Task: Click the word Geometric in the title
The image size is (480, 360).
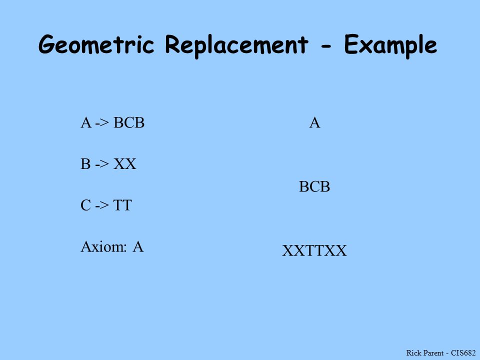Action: tap(96, 44)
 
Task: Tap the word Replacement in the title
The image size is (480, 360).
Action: tap(236, 45)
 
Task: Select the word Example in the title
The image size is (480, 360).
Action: tap(390, 45)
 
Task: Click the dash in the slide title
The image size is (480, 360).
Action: tap(326, 46)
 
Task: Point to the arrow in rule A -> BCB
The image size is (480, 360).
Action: tap(102, 123)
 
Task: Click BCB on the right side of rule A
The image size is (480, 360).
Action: tap(129, 123)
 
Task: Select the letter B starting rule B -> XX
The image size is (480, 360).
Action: tap(85, 164)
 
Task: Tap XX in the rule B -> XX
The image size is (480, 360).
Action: tap(125, 164)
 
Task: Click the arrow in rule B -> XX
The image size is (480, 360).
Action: tap(102, 164)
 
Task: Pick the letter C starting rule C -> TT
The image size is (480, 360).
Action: tap(85, 205)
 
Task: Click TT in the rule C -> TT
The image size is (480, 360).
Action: tap(122, 205)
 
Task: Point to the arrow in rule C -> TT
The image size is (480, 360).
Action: tap(102, 205)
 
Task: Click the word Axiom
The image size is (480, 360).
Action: tap(103, 246)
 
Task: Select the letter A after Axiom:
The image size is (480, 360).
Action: tap(138, 246)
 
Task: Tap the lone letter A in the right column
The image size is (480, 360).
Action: tap(314, 123)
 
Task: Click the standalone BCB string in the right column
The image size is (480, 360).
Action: tap(314, 186)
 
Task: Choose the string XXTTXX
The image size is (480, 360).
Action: tap(314, 250)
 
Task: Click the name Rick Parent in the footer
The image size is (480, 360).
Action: tap(425, 352)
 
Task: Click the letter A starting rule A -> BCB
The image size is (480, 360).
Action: tap(86, 123)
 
